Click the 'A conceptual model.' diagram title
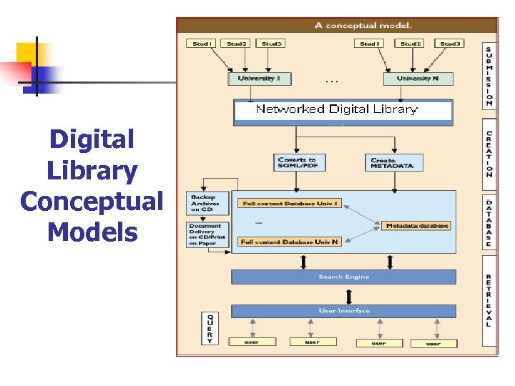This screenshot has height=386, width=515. click(x=363, y=25)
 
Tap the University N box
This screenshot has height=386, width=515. click(x=418, y=78)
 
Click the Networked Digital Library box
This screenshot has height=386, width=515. click(x=343, y=110)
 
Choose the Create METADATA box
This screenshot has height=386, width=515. click(x=392, y=163)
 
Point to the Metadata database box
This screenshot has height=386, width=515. click(x=417, y=226)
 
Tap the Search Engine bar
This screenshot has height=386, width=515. click(x=343, y=277)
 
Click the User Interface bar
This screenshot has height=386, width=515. click(x=343, y=311)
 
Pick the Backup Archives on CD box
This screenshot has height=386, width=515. click(x=207, y=203)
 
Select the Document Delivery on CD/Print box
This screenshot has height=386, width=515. click(x=207, y=234)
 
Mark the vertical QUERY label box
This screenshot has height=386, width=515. click(x=210, y=327)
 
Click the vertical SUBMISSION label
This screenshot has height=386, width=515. click(x=489, y=75)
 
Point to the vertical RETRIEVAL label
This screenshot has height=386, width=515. click(x=489, y=300)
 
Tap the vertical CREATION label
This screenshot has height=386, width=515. click(x=489, y=154)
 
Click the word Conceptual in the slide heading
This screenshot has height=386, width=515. click(x=92, y=201)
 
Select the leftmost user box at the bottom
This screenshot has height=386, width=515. click(x=252, y=342)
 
